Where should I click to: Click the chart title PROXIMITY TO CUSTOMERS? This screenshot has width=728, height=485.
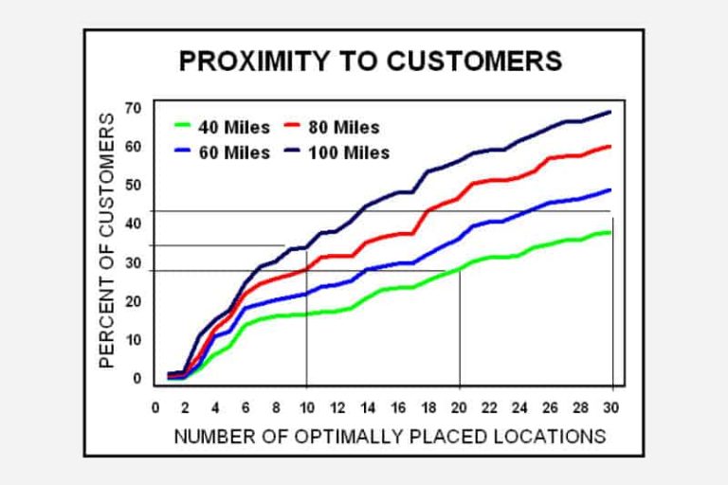coord(371,62)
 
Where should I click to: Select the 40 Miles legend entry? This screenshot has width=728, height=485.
coord(223,126)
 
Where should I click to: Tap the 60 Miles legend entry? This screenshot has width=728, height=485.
coord(223,152)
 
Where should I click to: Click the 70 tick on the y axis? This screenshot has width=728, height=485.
coord(133,108)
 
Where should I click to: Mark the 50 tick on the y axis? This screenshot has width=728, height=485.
coord(133,185)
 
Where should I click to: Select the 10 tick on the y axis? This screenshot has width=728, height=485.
coord(133,339)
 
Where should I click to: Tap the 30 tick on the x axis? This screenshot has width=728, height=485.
coord(612,408)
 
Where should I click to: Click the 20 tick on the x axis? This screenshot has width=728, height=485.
coord(460,408)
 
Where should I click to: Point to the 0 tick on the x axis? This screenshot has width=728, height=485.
coord(155,408)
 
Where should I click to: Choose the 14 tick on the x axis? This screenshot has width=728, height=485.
coord(369,408)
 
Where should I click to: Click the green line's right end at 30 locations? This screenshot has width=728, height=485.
coord(610,232)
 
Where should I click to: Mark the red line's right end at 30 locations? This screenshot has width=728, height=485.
coord(610,146)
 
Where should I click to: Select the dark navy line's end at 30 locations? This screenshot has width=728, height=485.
coord(610,112)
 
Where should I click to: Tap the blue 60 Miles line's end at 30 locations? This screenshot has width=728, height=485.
coord(610,190)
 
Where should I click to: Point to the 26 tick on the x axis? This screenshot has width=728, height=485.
coord(552,408)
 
